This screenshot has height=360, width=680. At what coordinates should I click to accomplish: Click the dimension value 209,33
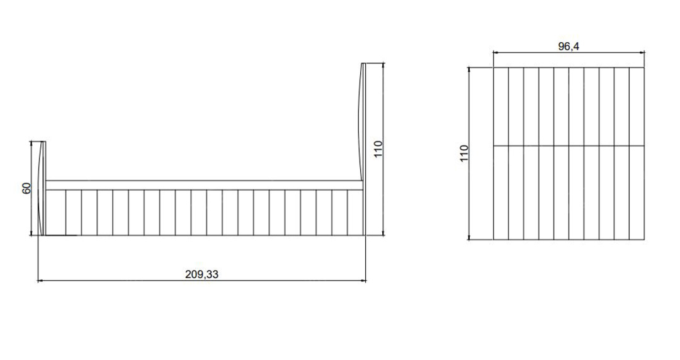(x=201, y=274)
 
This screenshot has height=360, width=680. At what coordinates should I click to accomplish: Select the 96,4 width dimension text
(x=569, y=47)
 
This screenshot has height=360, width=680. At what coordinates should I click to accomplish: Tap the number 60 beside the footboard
(x=27, y=188)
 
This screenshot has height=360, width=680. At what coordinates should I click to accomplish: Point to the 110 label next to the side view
(x=378, y=149)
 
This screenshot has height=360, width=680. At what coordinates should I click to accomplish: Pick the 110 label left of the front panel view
(x=464, y=154)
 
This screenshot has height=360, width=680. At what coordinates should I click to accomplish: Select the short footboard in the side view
(x=42, y=188)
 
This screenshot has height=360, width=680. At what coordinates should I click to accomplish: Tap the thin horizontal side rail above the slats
(x=204, y=185)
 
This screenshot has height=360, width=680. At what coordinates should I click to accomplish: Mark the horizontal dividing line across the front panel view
(x=569, y=146)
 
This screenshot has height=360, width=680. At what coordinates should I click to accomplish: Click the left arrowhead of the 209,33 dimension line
(x=40, y=281)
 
